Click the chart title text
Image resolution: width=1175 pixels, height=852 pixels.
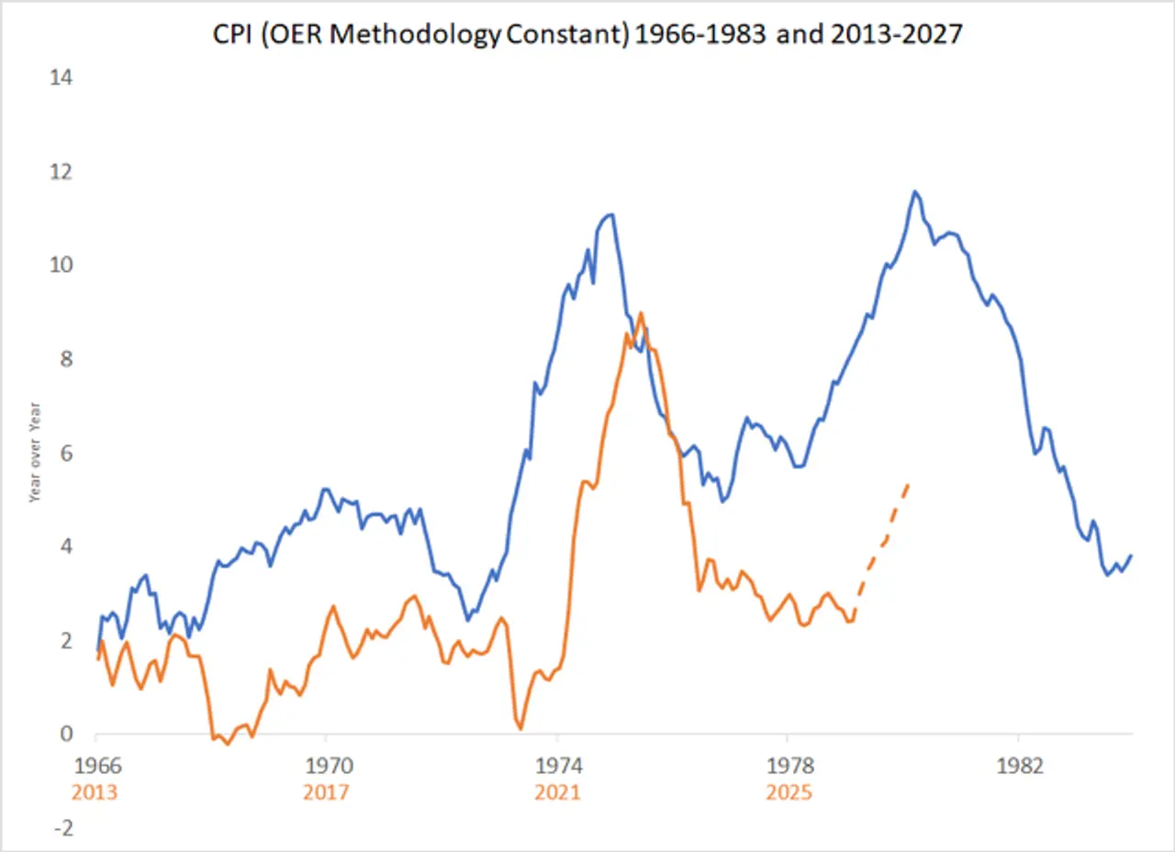click(587, 35)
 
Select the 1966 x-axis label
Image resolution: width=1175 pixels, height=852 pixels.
click(95, 766)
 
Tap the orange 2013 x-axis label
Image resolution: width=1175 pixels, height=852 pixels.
click(95, 791)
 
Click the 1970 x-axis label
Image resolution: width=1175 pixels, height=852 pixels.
click(326, 766)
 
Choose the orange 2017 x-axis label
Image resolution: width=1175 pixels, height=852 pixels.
click(326, 791)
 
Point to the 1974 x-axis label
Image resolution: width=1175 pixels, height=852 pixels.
click(557, 766)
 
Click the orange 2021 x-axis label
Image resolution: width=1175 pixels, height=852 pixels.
click(557, 791)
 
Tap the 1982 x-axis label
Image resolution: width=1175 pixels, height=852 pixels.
click(1018, 766)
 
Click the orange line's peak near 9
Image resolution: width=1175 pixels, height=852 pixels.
click(641, 313)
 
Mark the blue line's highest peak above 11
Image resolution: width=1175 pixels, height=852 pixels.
click(914, 191)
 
